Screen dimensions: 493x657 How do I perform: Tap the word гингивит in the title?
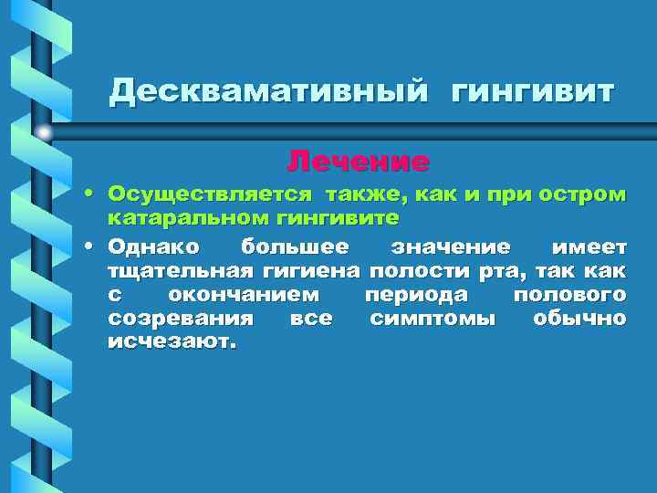tap(533, 92)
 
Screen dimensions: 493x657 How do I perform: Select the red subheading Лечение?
tap(358, 162)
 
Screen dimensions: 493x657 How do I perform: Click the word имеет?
tap(589, 246)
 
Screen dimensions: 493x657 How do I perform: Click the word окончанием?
tap(244, 295)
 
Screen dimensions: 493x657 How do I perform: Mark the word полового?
tap(569, 295)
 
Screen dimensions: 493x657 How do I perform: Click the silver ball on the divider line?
tap(43, 132)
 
